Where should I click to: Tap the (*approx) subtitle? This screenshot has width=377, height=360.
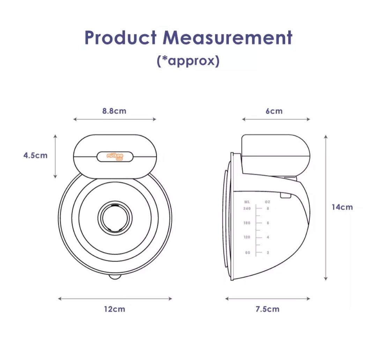tap(188, 61)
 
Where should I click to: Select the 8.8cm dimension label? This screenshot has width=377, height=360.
tap(114, 111)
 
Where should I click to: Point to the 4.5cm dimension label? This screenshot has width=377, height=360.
tap(35, 155)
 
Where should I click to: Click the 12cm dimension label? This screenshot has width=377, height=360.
tap(114, 309)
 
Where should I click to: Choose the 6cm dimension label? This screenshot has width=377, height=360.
tap(274, 111)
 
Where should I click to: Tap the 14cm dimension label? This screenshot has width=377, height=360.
tap(342, 207)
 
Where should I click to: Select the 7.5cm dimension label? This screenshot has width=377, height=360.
tap(267, 309)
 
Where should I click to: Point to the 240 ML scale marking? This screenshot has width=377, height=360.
tap(247, 208)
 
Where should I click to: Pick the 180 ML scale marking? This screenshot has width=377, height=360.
tap(247, 223)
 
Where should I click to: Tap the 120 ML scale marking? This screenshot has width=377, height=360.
tap(247, 237)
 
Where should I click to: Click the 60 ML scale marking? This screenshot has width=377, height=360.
tap(248, 252)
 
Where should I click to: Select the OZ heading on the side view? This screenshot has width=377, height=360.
tap(268, 202)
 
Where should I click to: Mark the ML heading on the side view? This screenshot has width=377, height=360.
tap(247, 202)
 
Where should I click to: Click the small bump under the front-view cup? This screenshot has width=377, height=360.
tap(115, 277)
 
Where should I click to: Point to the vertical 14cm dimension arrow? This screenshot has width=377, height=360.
tap(326, 207)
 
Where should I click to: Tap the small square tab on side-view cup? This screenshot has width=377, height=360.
tap(286, 195)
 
